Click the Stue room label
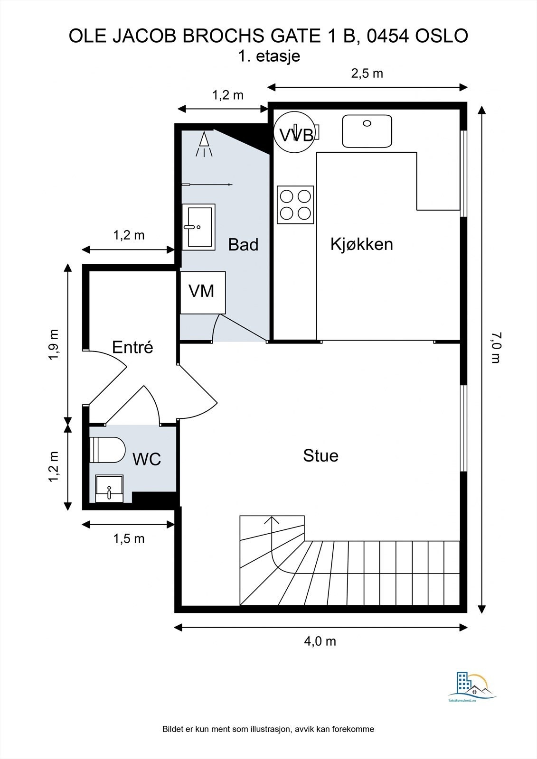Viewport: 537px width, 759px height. (x=320, y=456)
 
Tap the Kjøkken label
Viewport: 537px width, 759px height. (x=361, y=244)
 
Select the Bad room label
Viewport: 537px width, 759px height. (x=243, y=245)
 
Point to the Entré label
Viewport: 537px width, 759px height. (x=132, y=347)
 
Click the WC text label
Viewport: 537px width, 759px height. (x=147, y=459)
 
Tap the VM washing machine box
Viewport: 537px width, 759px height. (x=202, y=292)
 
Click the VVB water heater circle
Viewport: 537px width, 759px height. (x=295, y=132)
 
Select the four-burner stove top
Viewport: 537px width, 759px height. (x=295, y=204)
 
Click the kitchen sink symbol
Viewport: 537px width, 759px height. (x=367, y=131)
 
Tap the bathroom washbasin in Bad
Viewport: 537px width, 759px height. (x=198, y=226)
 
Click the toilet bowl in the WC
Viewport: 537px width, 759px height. (x=108, y=449)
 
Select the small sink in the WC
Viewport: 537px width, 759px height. (x=109, y=488)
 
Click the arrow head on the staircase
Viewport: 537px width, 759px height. (x=272, y=519)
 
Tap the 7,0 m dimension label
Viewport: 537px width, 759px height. (x=496, y=347)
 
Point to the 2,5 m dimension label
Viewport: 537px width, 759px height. (x=367, y=74)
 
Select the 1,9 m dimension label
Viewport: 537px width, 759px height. (x=54, y=345)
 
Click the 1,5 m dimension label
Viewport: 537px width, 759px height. (x=129, y=539)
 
